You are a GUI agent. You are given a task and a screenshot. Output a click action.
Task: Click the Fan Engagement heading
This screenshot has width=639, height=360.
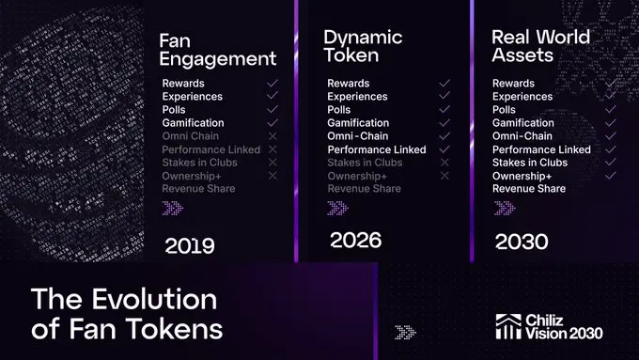tap(218, 50)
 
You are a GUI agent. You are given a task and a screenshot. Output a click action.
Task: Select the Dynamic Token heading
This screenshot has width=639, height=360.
tap(363, 46)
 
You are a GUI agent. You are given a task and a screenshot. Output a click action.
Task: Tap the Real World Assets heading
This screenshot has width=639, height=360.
tap(540, 46)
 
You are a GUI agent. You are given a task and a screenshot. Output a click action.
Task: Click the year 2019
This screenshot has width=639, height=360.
tap(190, 246)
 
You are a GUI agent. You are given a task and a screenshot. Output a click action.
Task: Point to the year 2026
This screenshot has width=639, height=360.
tap(355, 241)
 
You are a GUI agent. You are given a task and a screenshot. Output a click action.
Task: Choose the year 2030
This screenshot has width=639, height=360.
tap(522, 242)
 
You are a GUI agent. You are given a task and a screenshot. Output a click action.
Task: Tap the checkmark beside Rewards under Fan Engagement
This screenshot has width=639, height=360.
tap(273, 84)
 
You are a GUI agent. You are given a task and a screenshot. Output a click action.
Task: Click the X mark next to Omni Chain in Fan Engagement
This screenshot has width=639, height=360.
tap(273, 136)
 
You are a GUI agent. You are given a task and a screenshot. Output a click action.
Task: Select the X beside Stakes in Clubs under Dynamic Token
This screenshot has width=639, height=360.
tap(444, 163)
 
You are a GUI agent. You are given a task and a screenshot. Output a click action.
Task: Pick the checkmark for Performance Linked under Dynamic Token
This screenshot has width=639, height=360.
tap(444, 149)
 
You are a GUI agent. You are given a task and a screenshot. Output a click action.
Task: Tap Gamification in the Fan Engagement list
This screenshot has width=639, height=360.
tap(193, 123)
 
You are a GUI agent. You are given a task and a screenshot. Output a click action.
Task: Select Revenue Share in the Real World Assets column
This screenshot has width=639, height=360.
tap(528, 189)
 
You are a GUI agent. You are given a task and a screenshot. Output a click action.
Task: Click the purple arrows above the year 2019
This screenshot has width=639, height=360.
tap(174, 209)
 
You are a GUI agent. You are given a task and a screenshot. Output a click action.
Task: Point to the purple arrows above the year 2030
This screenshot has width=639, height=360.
tap(504, 209)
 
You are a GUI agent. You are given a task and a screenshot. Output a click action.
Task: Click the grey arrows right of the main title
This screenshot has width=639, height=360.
tap(406, 331)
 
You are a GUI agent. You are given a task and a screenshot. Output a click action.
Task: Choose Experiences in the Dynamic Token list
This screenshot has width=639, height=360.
tap(358, 97)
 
